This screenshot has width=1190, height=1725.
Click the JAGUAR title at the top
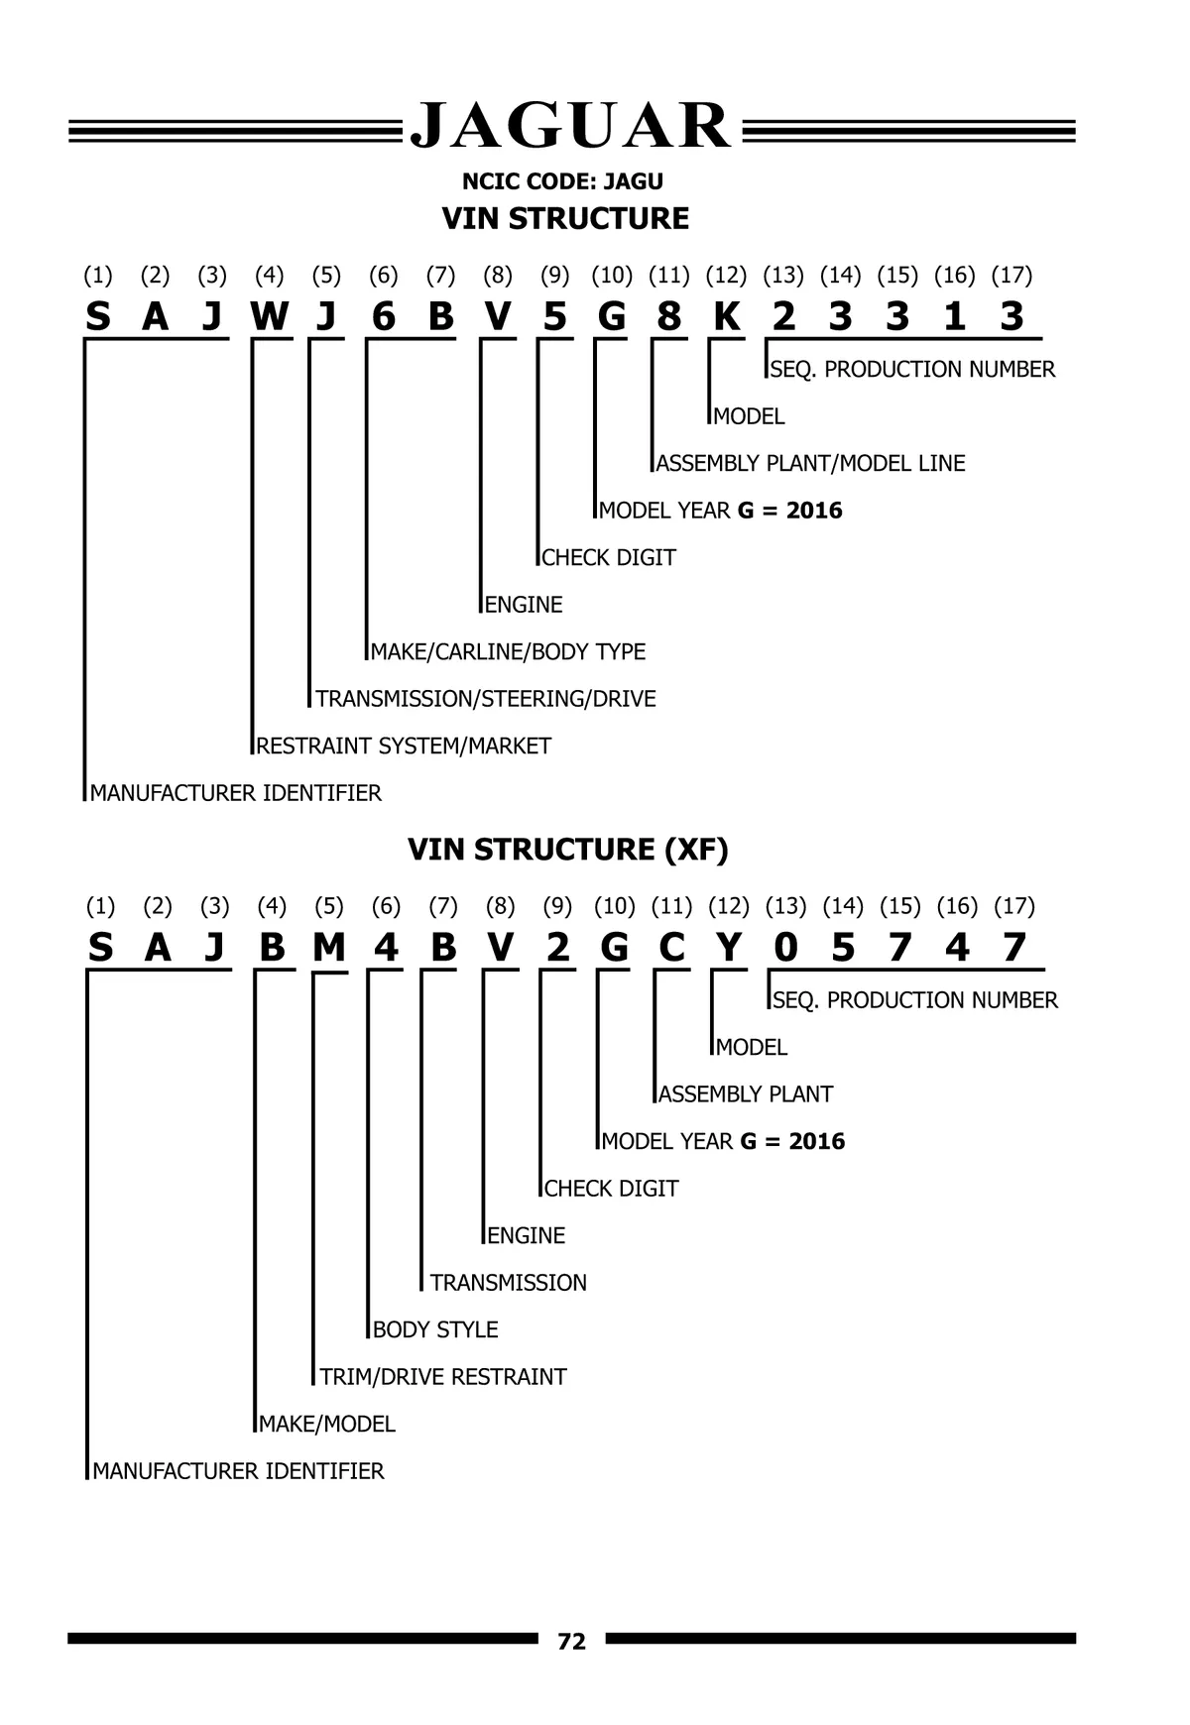(x=571, y=127)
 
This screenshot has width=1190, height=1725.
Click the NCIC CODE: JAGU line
(x=562, y=181)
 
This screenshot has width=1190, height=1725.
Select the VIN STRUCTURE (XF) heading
(x=568, y=850)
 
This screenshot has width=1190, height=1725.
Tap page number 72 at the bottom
(x=572, y=1642)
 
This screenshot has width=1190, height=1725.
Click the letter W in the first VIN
(x=270, y=316)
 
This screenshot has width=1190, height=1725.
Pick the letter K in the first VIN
(x=727, y=316)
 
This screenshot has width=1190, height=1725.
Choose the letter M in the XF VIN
(x=329, y=948)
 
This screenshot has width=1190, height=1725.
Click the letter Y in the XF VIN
(x=729, y=948)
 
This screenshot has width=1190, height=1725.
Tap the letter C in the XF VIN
(x=671, y=948)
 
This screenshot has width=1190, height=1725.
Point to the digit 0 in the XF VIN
(x=785, y=948)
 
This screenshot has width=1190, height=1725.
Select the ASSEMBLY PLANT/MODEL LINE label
(x=810, y=463)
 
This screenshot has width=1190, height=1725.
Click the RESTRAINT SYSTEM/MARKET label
(x=404, y=746)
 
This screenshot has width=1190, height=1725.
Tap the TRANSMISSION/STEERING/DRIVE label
(x=486, y=699)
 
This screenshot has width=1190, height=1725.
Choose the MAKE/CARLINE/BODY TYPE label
(x=508, y=651)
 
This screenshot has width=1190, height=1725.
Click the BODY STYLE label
(x=435, y=1329)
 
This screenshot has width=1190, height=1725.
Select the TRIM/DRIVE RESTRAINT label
(x=443, y=1376)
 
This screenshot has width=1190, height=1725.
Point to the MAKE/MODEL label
(x=327, y=1424)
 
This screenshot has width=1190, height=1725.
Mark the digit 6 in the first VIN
(x=384, y=316)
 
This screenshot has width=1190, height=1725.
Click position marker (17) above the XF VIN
(x=1013, y=905)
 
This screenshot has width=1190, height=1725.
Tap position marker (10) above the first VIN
(x=612, y=275)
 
